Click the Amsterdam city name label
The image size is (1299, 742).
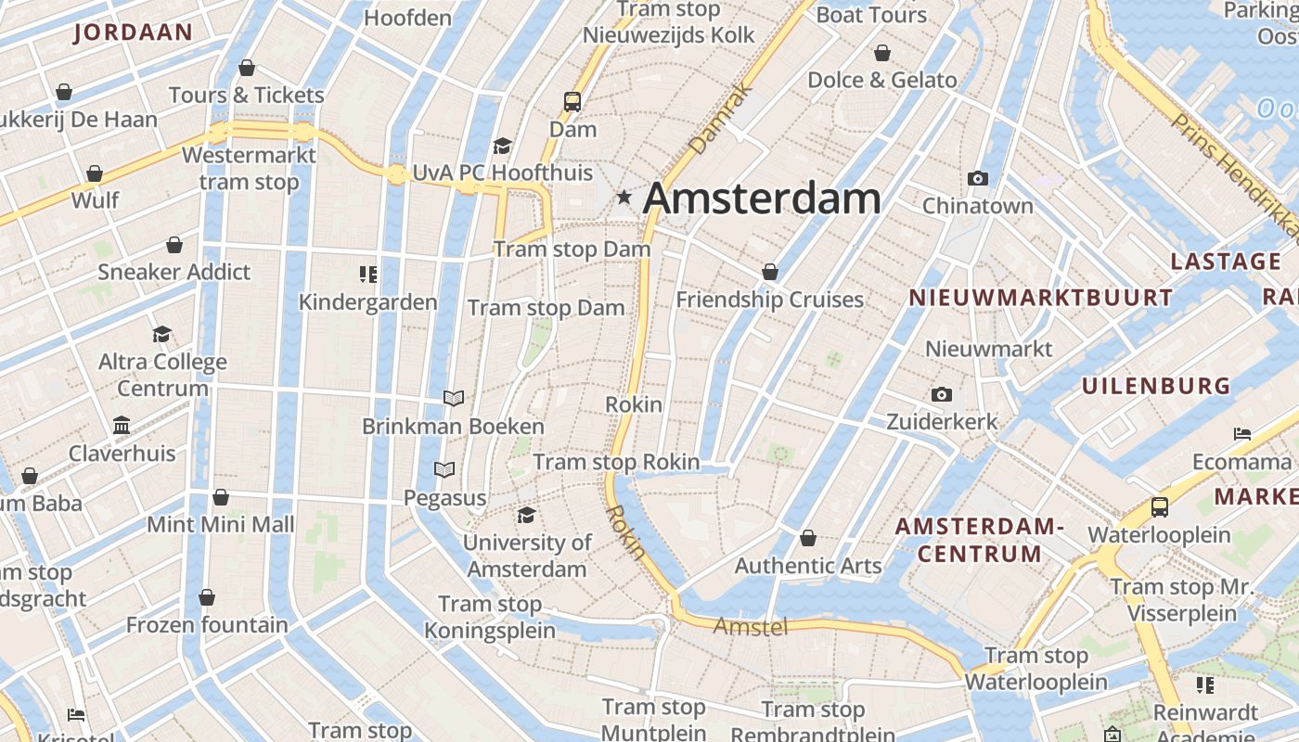(x=762, y=198)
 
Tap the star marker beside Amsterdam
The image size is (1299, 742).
(x=624, y=197)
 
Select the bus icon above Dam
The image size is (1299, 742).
(x=572, y=102)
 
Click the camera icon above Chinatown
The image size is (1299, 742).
(x=977, y=178)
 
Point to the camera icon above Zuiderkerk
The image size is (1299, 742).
(x=942, y=395)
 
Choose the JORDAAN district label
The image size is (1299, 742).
(x=133, y=32)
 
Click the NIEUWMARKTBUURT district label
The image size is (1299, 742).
(x=1040, y=298)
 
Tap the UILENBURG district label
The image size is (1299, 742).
(x=1156, y=386)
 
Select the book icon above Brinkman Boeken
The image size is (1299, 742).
(x=453, y=399)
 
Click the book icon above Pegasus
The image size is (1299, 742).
(x=444, y=470)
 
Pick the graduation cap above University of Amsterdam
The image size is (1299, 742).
(x=527, y=515)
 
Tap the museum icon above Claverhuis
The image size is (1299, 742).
(x=122, y=426)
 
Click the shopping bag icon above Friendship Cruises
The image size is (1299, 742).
(x=770, y=272)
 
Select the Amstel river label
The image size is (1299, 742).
(x=751, y=627)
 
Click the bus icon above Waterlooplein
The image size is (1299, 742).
(x=1160, y=507)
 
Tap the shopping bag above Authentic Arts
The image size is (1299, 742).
(x=808, y=538)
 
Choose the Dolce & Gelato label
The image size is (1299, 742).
(x=881, y=80)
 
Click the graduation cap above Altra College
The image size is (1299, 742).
(x=162, y=334)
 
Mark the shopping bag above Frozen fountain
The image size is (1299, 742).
(x=207, y=596)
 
